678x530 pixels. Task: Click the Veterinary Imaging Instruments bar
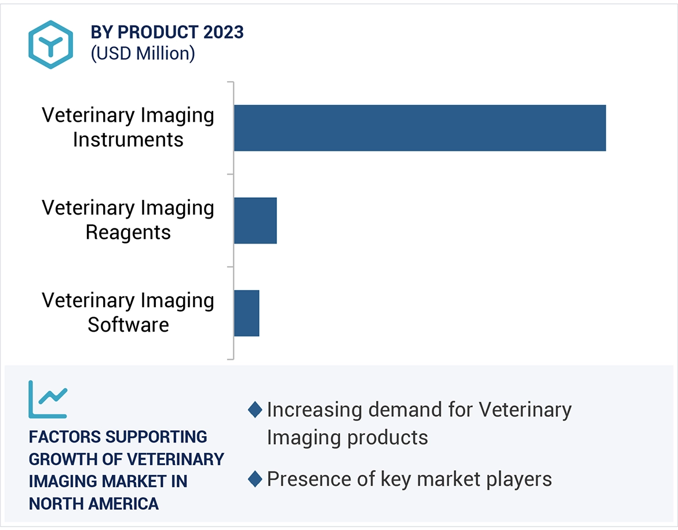coord(420,128)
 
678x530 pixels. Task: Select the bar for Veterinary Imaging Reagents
coord(255,220)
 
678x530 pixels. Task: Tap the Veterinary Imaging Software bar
coord(246,313)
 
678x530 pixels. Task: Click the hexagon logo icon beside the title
coord(51,45)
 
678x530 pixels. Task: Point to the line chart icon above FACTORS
coord(48,400)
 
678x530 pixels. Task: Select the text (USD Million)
coord(143,53)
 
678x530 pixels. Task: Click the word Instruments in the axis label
coord(128,140)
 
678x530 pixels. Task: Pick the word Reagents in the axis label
coord(128,233)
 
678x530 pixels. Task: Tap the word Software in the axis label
coord(128,325)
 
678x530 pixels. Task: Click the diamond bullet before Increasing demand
coord(255,410)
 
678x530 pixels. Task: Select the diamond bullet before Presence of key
coord(255,480)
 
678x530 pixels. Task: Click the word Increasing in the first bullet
coord(314,410)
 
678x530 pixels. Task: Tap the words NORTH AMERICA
coord(94,503)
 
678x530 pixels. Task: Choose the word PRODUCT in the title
coord(151,32)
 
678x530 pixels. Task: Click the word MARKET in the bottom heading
coord(152,481)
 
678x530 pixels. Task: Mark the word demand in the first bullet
coord(406,410)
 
